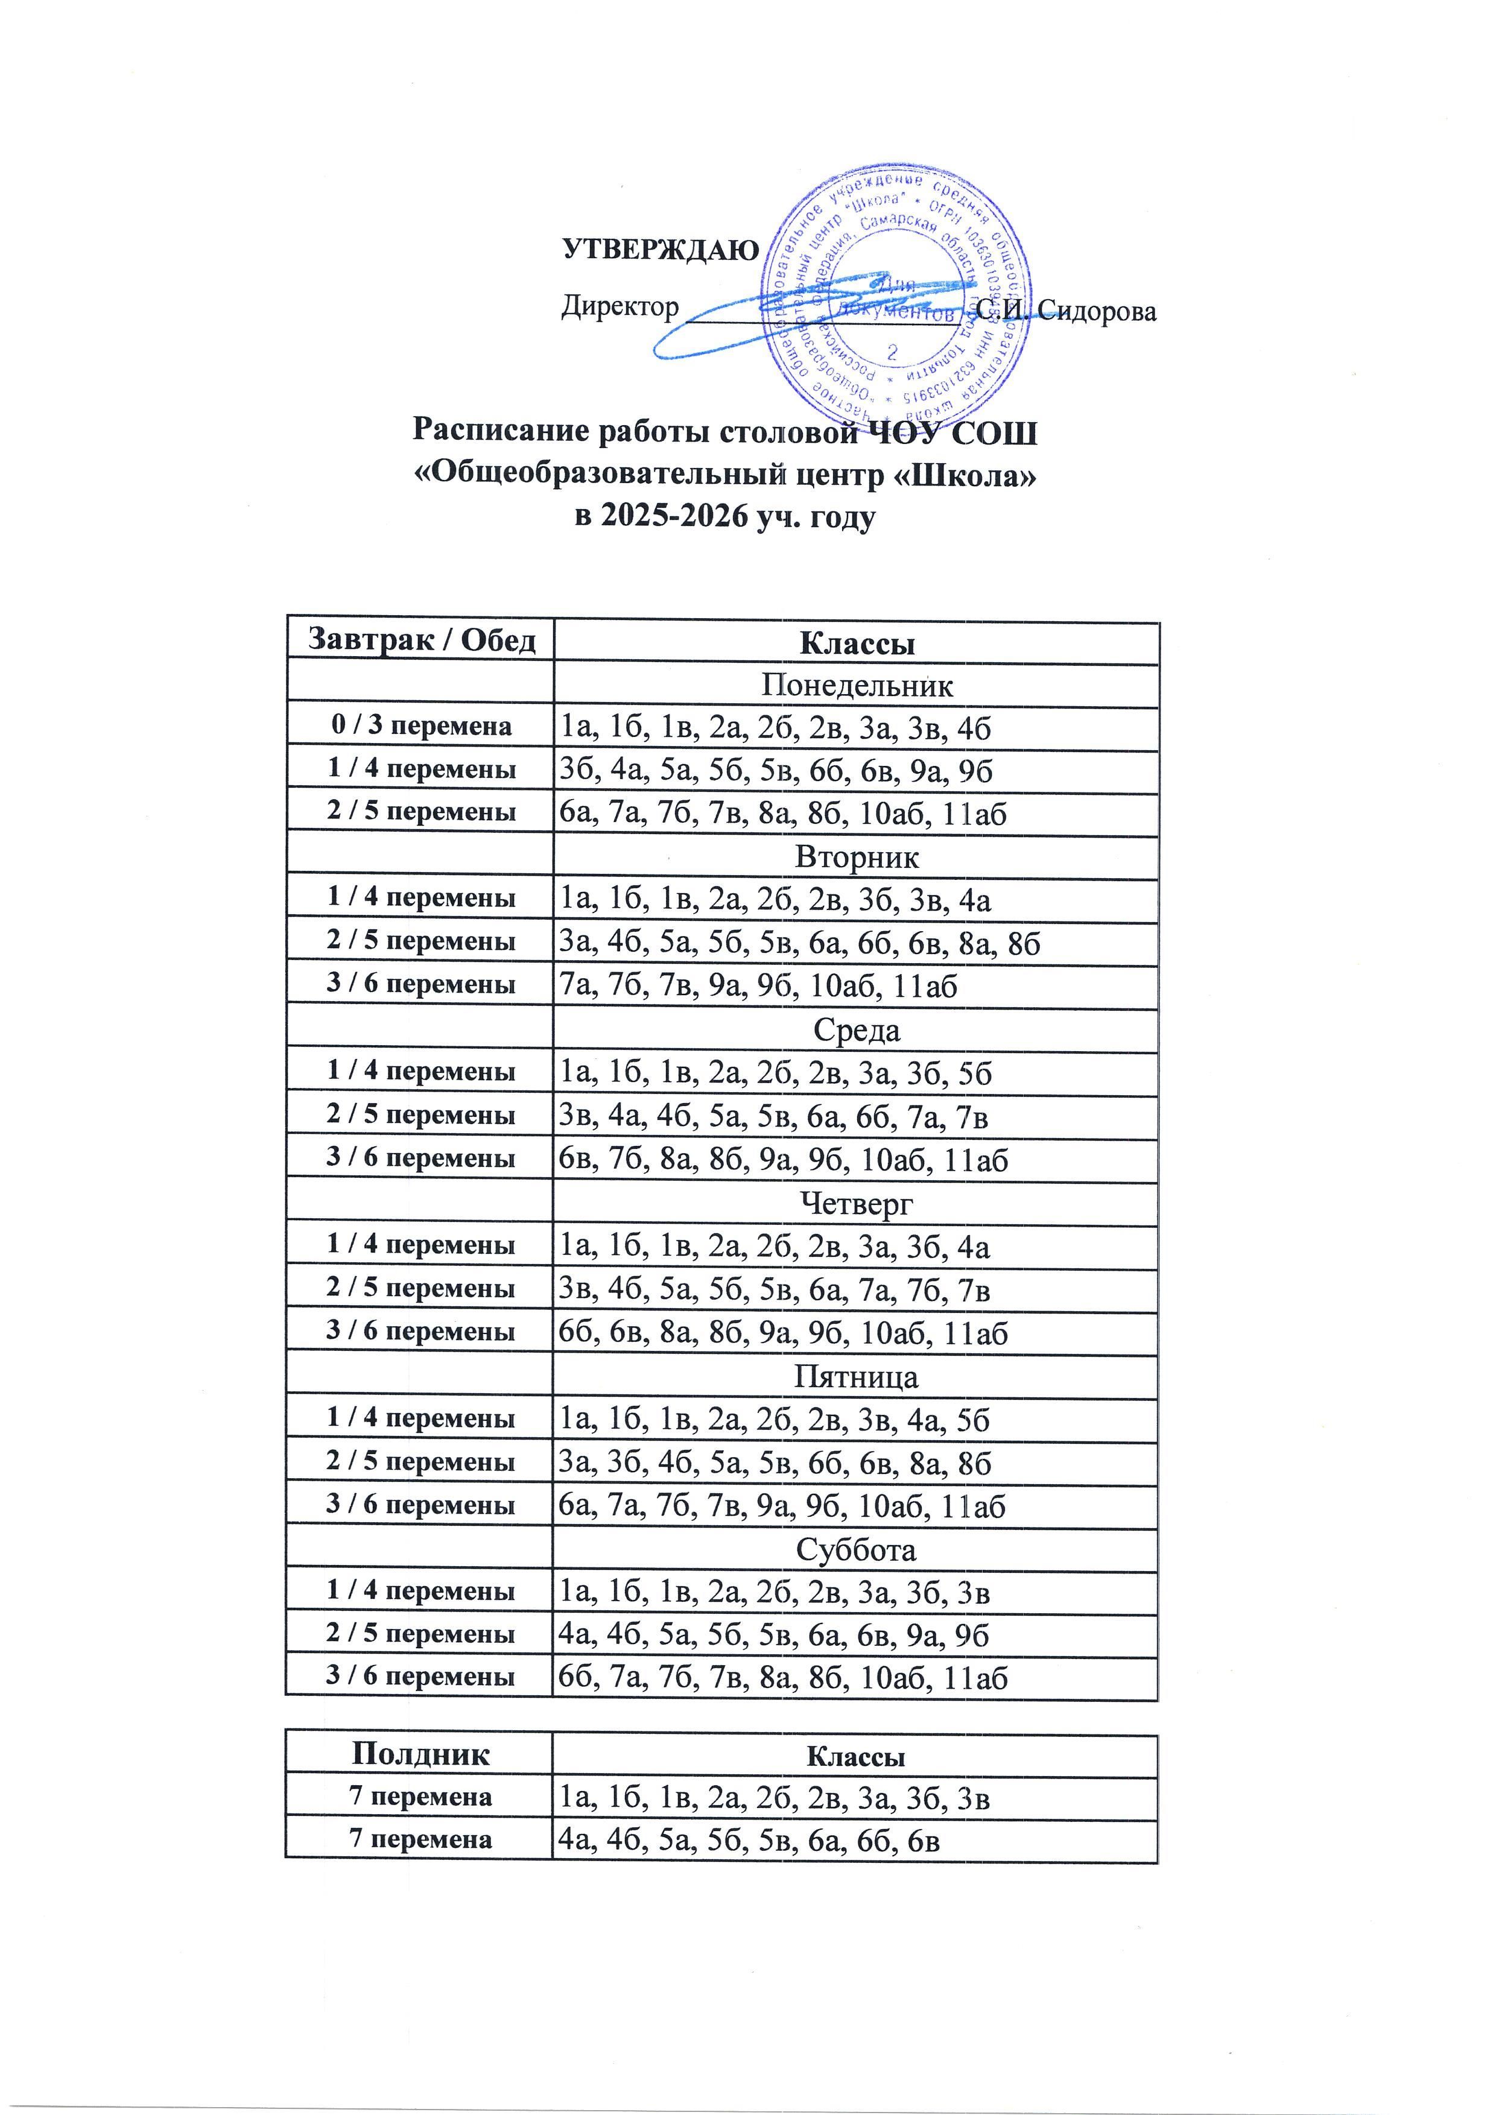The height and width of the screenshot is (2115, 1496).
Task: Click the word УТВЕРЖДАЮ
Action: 661,250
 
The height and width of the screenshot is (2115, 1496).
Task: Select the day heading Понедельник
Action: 856,685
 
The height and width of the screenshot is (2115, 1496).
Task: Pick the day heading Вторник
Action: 856,858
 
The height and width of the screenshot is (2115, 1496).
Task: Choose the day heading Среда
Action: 856,1030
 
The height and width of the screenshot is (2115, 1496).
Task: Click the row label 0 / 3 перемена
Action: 421,727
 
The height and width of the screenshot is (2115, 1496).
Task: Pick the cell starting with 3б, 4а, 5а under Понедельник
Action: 776,770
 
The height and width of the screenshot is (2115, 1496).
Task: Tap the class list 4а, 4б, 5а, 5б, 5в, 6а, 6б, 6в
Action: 750,1839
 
